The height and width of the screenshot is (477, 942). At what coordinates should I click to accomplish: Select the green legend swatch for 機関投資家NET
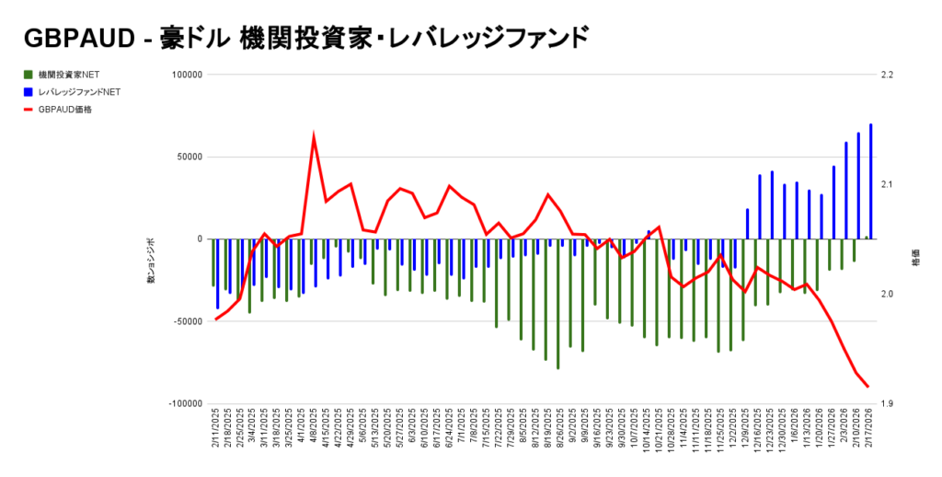[29, 74]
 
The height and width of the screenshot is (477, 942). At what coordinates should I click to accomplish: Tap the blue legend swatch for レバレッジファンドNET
[29, 91]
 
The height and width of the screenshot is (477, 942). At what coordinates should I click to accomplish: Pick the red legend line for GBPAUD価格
[29, 110]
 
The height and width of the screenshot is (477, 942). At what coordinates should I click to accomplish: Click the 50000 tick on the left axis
[189, 157]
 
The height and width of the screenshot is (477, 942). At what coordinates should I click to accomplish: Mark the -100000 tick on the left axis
[184, 403]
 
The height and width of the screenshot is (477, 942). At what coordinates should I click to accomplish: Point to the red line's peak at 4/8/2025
[314, 137]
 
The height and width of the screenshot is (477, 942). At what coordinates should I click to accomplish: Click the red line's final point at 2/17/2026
[867, 387]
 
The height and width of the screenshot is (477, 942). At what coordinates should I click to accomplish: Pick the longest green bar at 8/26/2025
[558, 304]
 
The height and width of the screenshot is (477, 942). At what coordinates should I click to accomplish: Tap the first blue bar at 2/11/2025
[218, 273]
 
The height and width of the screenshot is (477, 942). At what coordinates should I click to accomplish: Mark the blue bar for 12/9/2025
[748, 224]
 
